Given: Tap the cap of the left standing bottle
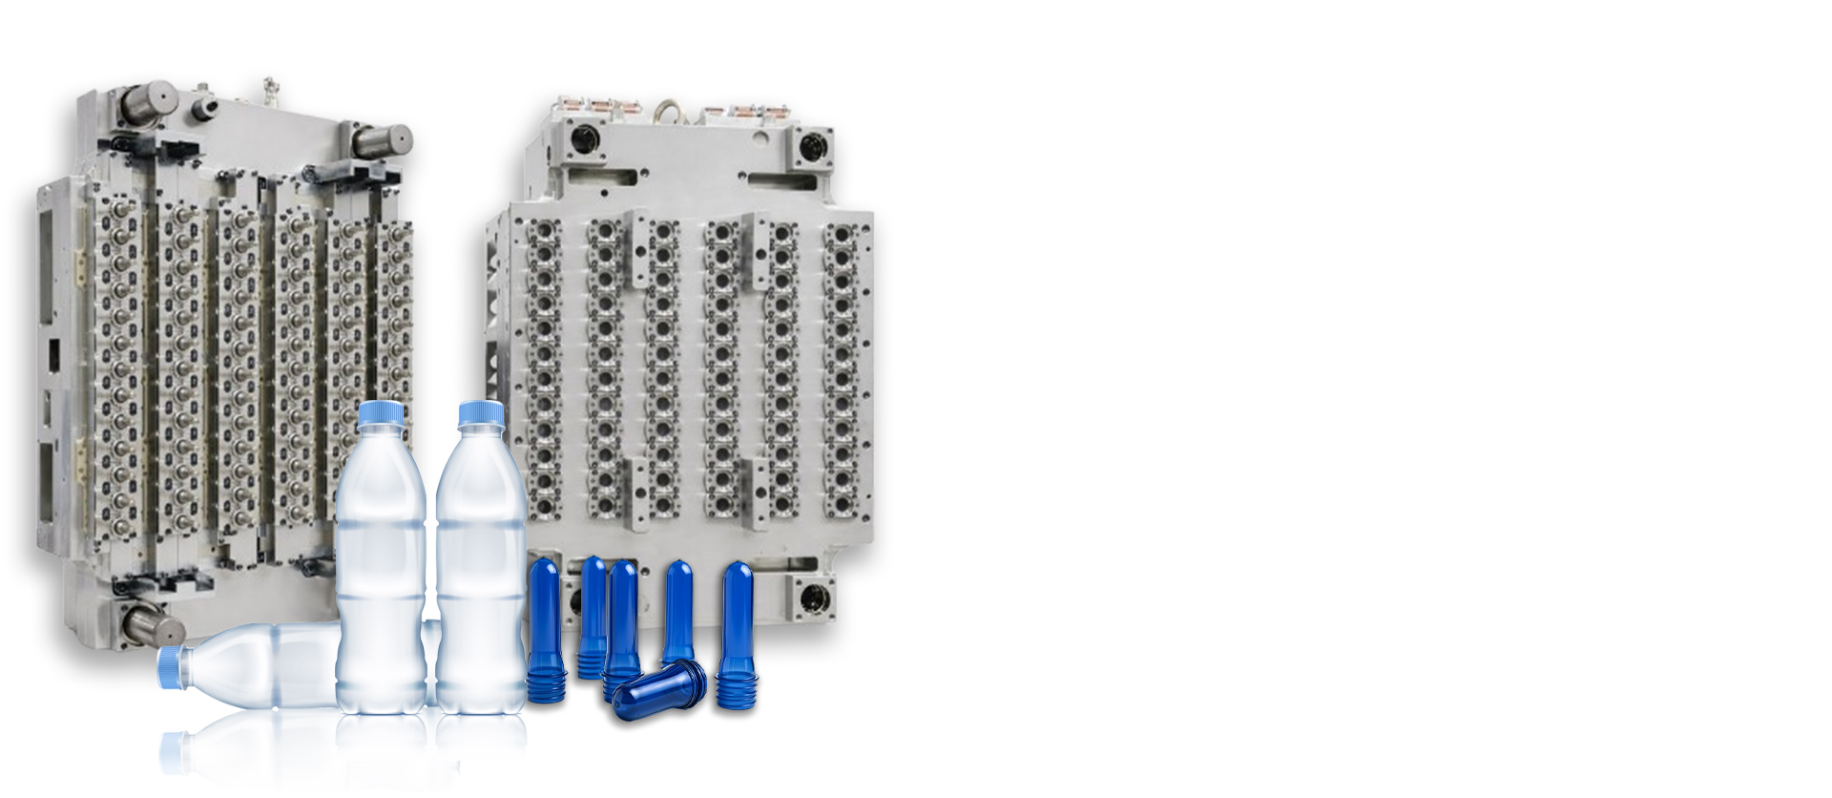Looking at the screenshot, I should (382, 413).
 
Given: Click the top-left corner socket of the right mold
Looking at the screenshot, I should (584, 139).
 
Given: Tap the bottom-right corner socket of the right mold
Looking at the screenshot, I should (814, 598).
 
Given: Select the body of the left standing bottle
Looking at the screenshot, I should (381, 573).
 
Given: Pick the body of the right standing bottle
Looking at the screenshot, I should (481, 573).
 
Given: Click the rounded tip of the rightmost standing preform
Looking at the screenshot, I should (737, 569).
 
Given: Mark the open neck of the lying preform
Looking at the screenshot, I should (694, 674).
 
